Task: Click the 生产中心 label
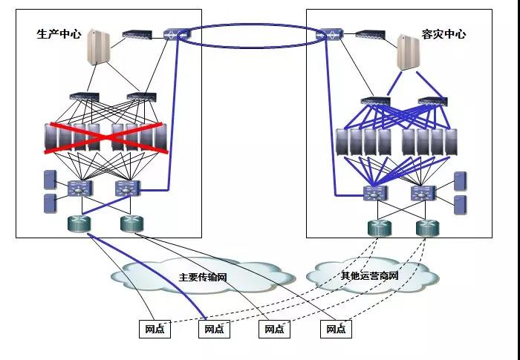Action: coord(59,34)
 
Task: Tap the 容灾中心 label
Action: coord(444,34)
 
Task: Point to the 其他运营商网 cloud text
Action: coord(369,276)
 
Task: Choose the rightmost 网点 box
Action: coord(337,328)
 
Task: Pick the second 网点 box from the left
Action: coord(213,328)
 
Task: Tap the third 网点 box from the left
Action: coord(275,328)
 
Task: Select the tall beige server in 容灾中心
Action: coord(408,51)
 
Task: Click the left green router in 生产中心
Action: coord(78,223)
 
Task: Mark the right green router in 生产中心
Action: coord(131,223)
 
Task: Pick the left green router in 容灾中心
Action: coord(377,226)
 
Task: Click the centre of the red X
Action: coord(105,138)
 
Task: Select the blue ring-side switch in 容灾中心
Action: coord(330,33)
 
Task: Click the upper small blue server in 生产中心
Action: coord(50,180)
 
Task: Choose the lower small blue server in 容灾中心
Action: coord(460,204)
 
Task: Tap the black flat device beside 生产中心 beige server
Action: coord(137,34)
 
